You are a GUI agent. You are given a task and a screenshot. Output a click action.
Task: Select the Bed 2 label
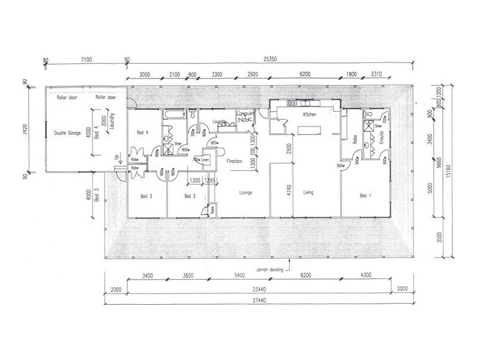click(190, 196)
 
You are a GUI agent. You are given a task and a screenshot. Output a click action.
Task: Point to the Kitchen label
click(309, 114)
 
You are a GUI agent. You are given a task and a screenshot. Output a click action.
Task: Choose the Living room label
click(309, 193)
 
